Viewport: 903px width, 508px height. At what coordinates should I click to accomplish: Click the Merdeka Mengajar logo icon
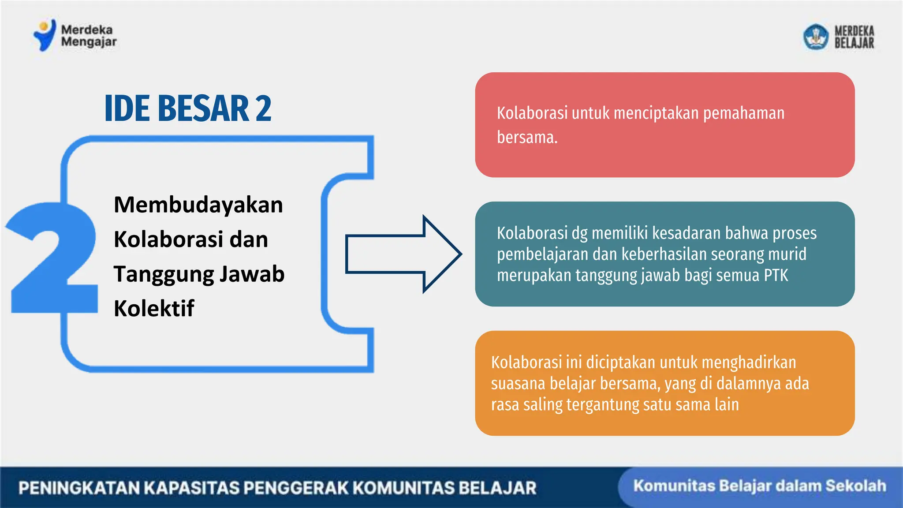tap(45, 35)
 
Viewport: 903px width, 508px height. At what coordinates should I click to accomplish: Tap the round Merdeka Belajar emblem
tap(816, 37)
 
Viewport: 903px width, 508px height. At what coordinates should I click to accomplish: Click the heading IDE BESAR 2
tap(188, 108)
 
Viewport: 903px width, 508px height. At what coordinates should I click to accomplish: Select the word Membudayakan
tap(198, 205)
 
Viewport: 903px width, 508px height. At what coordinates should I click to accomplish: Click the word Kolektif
tap(153, 308)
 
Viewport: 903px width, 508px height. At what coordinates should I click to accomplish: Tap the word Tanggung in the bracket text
tap(163, 274)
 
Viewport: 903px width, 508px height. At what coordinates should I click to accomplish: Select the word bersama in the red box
tap(526, 137)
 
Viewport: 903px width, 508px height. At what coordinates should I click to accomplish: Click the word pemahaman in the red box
tap(743, 113)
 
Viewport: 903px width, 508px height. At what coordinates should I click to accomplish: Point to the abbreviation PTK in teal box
tap(776, 276)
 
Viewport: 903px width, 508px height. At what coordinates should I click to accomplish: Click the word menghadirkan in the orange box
tap(749, 362)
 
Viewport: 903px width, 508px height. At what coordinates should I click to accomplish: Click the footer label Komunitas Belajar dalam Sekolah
tap(759, 486)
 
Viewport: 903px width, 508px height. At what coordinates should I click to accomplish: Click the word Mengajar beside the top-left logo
tap(89, 42)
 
